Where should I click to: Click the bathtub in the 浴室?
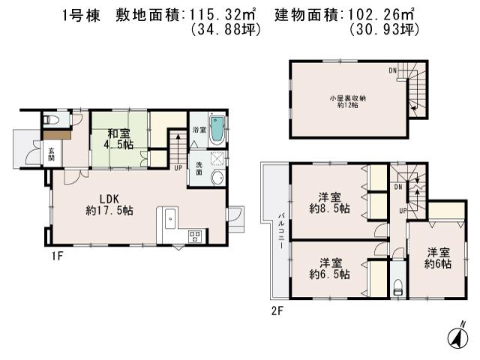pyautogui.click(x=216, y=129)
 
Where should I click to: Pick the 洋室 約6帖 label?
pyautogui.click(x=438, y=258)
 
